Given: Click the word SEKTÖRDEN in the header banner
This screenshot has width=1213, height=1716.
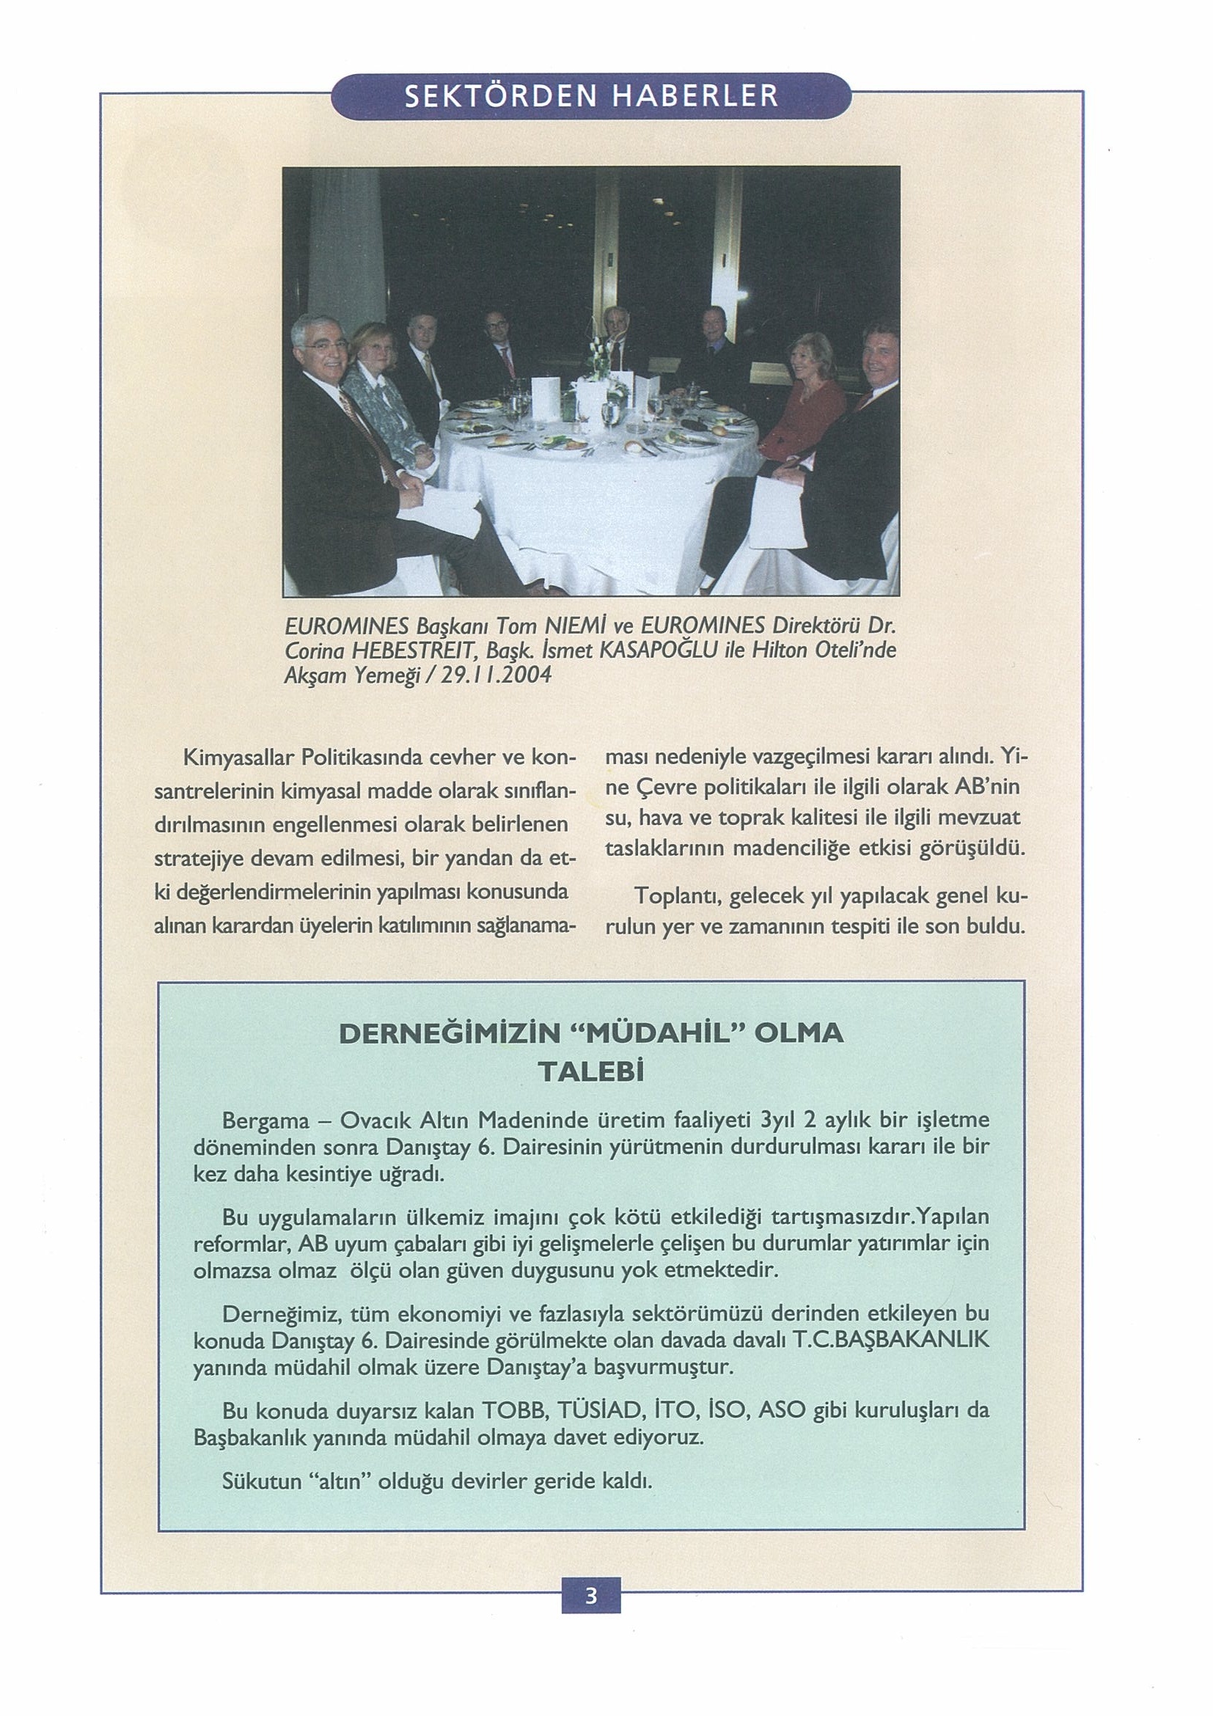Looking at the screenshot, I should click(x=502, y=95).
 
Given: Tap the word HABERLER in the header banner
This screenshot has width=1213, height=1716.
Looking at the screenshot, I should click(x=695, y=95).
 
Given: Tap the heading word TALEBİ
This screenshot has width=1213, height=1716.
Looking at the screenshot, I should click(x=590, y=1071).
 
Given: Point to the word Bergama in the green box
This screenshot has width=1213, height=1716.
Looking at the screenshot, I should click(x=261, y=1121).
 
